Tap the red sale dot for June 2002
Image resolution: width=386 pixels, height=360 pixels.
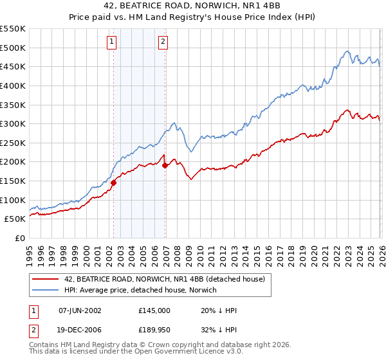click(x=114, y=183)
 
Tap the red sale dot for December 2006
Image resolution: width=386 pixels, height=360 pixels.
click(x=165, y=165)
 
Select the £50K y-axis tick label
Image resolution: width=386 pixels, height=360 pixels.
click(x=15, y=219)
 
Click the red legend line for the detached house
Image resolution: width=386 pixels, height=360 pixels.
click(x=46, y=278)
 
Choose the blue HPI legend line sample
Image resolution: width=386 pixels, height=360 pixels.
click(x=46, y=290)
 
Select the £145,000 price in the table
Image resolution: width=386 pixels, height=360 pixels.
click(x=154, y=310)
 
